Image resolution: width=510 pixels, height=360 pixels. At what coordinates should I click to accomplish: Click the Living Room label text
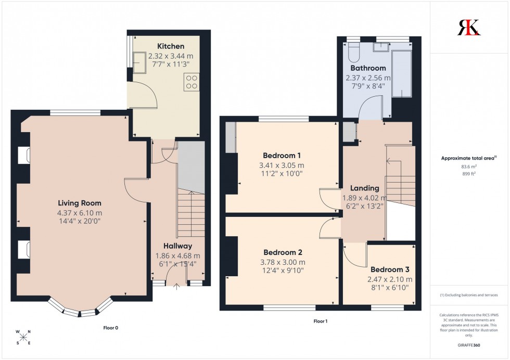point(79,203)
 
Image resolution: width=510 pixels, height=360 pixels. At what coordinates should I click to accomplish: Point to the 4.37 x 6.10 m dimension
point(80,212)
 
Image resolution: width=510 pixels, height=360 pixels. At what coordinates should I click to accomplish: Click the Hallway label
point(177,246)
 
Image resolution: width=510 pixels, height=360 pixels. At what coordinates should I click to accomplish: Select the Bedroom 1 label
point(282,156)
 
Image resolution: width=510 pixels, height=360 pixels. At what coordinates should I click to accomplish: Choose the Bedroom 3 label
point(390,269)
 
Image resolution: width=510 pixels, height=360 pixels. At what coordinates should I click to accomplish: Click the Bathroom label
point(368,68)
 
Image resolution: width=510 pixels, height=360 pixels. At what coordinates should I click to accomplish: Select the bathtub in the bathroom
point(401,73)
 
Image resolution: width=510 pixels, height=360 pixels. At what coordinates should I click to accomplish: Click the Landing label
point(364,188)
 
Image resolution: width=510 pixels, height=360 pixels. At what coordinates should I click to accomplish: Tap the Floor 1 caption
point(320,321)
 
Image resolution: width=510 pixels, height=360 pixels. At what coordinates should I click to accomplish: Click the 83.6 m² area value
point(469,166)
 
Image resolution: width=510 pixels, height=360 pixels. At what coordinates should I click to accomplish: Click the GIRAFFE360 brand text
point(469,344)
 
